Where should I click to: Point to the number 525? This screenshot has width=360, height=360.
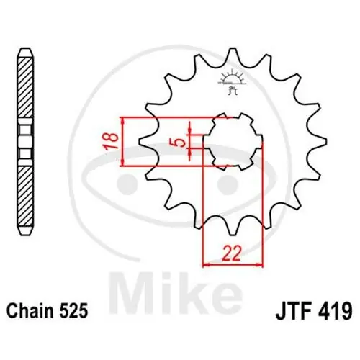tap(73, 312)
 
